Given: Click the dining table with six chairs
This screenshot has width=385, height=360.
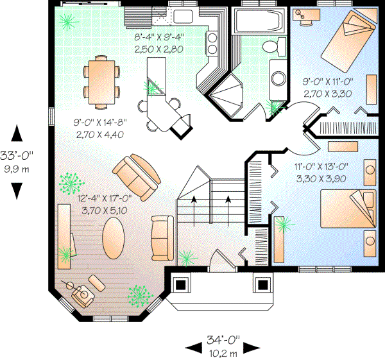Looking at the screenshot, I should pyautogui.click(x=103, y=79).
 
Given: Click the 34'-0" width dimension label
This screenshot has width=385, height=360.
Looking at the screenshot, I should pyautogui.click(x=223, y=341).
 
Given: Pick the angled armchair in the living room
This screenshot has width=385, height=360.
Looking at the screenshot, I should pyautogui.click(x=136, y=175).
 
